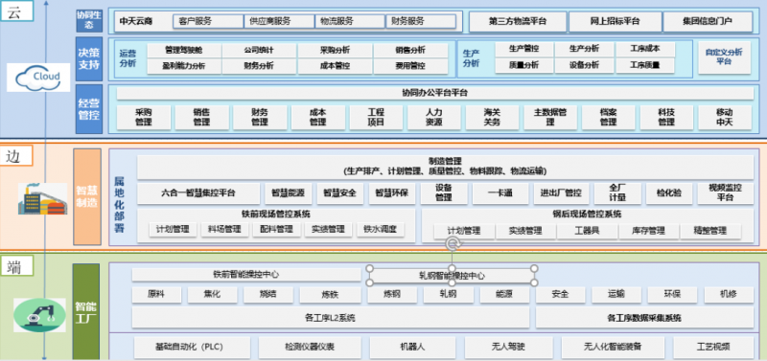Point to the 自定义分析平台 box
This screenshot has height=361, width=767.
(x=724, y=56)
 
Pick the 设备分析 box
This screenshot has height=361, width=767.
(x=584, y=64)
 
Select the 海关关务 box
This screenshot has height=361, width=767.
(x=492, y=117)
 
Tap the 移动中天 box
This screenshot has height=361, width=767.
(x=724, y=117)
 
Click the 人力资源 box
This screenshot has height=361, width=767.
(x=434, y=117)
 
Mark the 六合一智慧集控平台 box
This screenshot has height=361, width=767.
(x=198, y=192)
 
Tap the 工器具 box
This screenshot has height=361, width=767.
(x=587, y=231)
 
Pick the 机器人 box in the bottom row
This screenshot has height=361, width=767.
(x=411, y=347)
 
